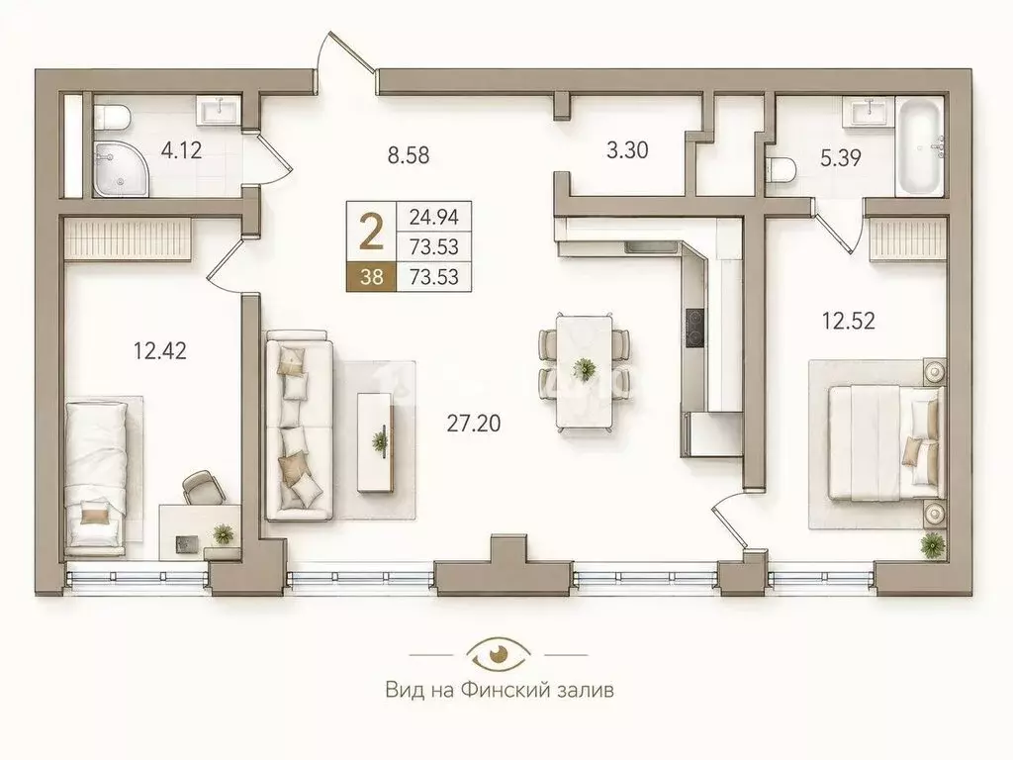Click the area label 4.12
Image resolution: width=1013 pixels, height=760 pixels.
(182, 150)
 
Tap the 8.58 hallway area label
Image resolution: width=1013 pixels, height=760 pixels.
(409, 155)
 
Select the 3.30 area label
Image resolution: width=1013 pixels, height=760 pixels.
(627, 150)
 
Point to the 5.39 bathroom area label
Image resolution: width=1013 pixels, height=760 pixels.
(841, 158)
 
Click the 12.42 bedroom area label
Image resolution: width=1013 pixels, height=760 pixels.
(159, 351)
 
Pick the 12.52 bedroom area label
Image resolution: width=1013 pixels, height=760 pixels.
(848, 321)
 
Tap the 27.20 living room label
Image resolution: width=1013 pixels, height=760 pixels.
(474, 424)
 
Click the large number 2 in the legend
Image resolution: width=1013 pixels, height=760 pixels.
(371, 233)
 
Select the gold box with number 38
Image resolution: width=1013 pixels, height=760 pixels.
(372, 277)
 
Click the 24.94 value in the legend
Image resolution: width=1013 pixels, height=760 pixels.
(434, 217)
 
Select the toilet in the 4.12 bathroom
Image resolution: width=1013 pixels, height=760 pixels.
(112, 118)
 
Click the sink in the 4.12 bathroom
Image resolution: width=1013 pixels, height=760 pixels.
(221, 109)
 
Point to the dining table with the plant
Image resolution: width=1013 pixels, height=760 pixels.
(584, 371)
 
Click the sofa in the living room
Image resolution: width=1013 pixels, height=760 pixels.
(299, 426)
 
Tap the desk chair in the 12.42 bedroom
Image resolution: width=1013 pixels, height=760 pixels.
(204, 487)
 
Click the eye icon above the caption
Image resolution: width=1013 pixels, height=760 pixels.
(499, 653)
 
